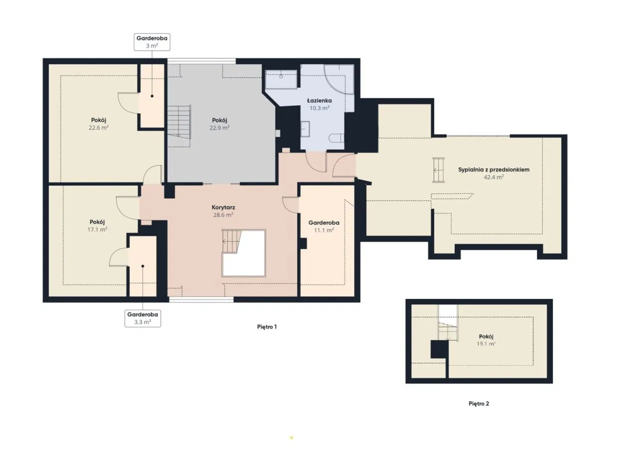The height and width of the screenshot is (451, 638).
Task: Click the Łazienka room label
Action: point(319,101)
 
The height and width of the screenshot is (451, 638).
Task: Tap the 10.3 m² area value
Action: point(319,108)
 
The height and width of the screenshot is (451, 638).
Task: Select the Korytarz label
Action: point(223,208)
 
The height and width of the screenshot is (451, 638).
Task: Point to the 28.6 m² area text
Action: point(223,215)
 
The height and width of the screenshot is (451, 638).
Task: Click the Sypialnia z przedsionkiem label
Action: point(493,170)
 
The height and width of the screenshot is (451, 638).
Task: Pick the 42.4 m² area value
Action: point(493,177)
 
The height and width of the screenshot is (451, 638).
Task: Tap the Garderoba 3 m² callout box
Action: point(152,42)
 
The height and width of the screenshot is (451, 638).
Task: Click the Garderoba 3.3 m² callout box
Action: point(143,318)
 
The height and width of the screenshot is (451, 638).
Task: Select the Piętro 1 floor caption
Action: point(267,327)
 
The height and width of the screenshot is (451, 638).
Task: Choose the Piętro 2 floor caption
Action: point(479,404)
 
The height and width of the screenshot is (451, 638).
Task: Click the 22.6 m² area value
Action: point(99,128)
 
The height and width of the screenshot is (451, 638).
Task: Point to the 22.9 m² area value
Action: point(219,128)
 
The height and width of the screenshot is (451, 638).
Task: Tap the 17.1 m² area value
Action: point(97,229)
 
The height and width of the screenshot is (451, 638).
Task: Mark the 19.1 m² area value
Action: point(486,344)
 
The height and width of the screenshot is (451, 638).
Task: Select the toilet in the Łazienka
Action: point(336,139)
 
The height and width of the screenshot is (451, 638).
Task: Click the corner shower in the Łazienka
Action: point(339,79)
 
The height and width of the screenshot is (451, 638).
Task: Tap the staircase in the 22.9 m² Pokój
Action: point(179,122)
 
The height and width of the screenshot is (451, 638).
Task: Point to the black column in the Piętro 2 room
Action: point(439,349)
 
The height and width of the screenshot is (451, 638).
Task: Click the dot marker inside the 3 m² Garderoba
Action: point(152,96)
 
